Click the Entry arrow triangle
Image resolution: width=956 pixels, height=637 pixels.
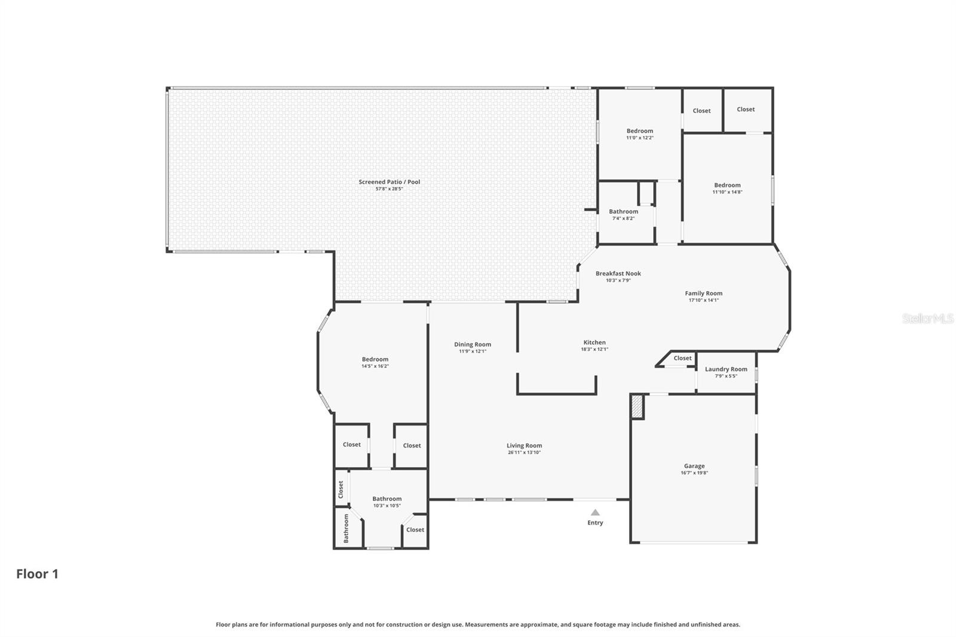click(x=595, y=512)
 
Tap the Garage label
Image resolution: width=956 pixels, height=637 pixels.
click(x=694, y=466)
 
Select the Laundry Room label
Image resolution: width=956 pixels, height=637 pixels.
click(x=726, y=369)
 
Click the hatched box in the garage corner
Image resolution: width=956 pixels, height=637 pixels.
click(x=638, y=406)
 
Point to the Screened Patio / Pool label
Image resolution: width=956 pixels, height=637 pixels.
click(x=390, y=182)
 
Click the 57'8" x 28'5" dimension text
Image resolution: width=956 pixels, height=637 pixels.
click(x=390, y=189)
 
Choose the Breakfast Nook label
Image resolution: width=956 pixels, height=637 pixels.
click(x=618, y=274)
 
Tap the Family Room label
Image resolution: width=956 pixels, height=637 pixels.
click(x=704, y=293)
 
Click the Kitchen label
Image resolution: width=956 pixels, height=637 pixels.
click(x=595, y=342)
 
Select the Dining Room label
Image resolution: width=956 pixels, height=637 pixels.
click(x=473, y=344)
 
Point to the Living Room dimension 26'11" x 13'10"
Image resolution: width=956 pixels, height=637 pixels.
click(x=525, y=452)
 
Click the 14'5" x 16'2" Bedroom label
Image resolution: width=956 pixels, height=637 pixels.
click(x=375, y=359)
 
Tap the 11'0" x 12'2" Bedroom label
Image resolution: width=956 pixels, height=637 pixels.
click(x=640, y=131)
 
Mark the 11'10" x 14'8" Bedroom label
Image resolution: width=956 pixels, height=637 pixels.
click(x=728, y=185)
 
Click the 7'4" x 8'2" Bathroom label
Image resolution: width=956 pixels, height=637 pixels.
click(x=624, y=212)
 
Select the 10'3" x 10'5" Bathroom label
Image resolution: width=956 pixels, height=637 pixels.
click(x=387, y=499)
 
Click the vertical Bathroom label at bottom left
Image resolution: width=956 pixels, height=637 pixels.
click(x=346, y=529)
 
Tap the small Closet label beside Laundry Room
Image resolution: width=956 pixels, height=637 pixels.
click(x=683, y=359)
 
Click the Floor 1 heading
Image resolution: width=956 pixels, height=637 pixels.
click(x=37, y=574)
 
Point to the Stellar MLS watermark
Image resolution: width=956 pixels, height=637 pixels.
click(x=928, y=319)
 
